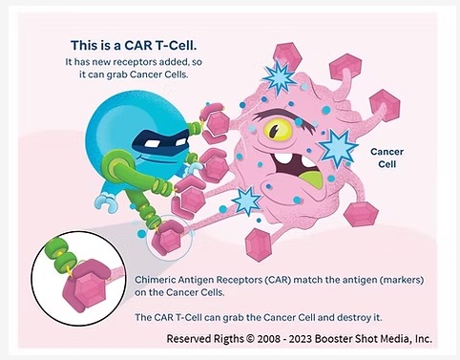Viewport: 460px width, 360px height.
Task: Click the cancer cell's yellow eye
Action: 278,130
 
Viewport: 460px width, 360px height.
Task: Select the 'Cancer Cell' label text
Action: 387,158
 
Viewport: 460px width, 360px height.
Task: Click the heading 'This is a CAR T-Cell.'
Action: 134,46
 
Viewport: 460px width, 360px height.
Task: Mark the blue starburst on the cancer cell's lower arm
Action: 247,201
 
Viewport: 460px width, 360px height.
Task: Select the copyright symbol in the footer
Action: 250,339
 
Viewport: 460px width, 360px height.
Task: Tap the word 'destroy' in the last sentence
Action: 354,318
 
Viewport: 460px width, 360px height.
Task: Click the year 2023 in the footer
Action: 301,339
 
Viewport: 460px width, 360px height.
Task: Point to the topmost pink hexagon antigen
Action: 287,56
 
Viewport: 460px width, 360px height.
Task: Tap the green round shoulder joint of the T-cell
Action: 113,166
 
